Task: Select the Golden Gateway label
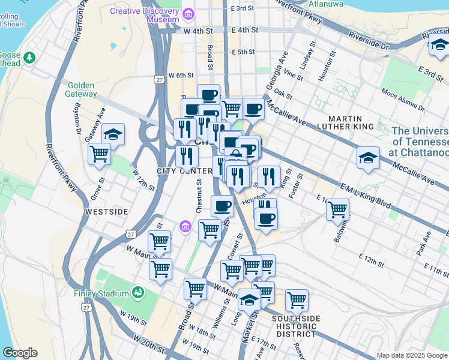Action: [x=82, y=89]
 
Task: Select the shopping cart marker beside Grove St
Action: [x=99, y=154]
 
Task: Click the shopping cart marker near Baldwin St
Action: [x=338, y=210]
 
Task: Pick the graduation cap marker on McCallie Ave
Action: [x=369, y=158]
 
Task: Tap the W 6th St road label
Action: [x=181, y=76]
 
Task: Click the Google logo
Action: [x=20, y=353]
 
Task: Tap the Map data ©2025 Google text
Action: [x=412, y=355]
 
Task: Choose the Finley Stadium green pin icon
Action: [x=138, y=293]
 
